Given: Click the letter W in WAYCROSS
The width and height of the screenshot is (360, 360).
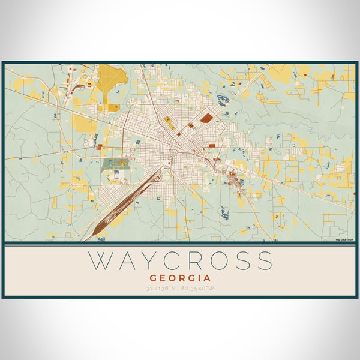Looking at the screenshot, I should (101, 261).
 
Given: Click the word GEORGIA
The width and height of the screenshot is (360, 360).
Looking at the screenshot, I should (180, 278).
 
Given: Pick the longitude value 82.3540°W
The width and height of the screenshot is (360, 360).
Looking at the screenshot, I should (199, 289).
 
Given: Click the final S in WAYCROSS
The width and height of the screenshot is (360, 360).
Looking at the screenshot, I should (263, 261).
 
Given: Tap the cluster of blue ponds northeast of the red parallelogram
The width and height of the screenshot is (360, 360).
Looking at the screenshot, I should (223, 100).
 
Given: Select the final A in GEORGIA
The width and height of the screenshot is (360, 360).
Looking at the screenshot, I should (207, 278).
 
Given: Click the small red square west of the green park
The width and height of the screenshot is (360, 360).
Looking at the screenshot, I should (99, 146).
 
